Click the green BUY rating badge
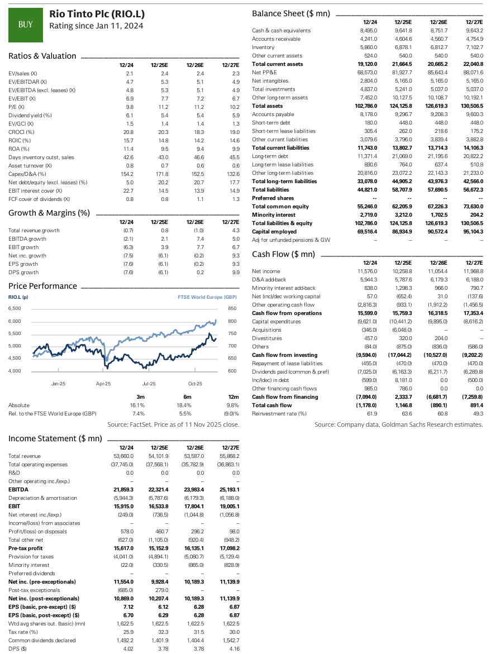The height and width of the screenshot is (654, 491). [25, 24]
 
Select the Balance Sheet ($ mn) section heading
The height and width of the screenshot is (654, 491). [291, 13]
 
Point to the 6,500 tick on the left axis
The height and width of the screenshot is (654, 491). [15, 308]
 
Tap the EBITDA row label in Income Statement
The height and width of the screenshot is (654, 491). [18, 489]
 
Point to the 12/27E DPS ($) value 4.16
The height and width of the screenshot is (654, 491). [233, 648]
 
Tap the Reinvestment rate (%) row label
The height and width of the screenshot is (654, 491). [279, 413]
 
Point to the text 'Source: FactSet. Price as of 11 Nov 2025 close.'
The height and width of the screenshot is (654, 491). [173, 424]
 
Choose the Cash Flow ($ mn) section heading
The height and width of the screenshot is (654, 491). [284, 254]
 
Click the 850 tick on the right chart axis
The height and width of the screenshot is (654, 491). [233, 308]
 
